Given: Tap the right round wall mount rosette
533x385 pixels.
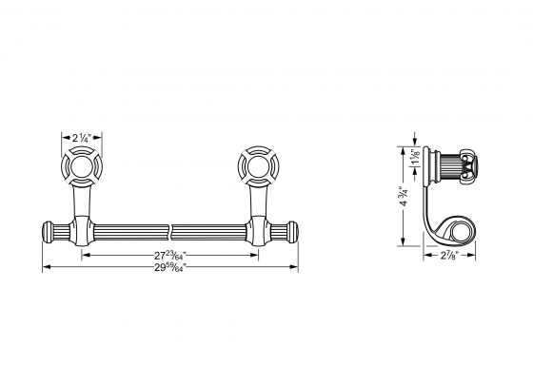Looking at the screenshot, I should [256, 168].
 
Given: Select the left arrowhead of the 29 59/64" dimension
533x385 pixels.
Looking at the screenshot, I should [46, 266].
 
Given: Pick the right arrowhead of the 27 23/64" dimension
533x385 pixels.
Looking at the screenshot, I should [257, 255].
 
